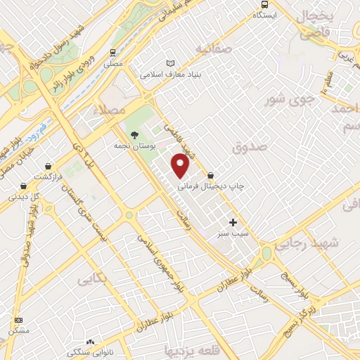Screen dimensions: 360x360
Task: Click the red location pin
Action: tap(181, 166)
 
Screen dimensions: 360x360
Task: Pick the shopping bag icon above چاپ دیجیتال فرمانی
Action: tap(210, 175)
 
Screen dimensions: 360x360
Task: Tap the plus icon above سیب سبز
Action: tap(233, 221)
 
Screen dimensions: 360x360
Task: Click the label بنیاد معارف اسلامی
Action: tap(170, 74)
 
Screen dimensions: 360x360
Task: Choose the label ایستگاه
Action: tap(265, 14)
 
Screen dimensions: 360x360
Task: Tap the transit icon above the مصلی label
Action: tap(112, 53)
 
